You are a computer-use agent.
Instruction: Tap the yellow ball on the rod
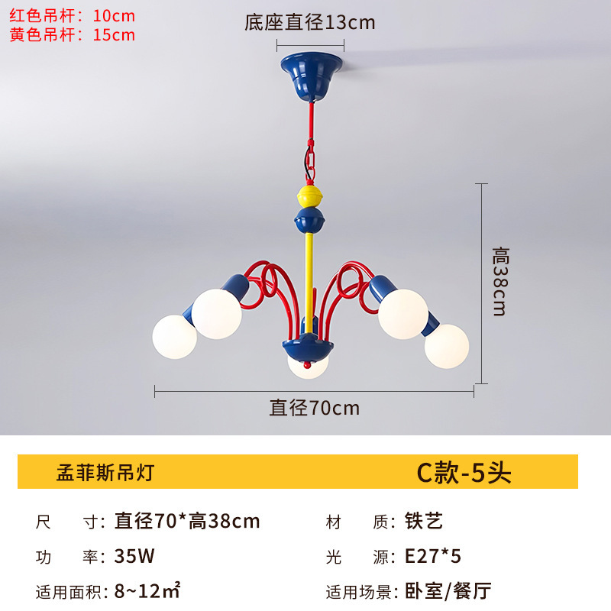[309, 196]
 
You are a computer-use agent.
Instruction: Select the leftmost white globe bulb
[175, 335]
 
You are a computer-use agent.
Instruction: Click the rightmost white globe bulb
[447, 345]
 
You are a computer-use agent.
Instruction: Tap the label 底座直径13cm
[309, 22]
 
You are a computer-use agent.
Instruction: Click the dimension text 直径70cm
[314, 408]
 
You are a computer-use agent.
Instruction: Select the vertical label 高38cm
[500, 281]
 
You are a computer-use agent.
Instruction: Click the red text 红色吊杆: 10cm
[72, 15]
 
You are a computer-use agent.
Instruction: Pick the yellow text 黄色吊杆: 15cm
[72, 34]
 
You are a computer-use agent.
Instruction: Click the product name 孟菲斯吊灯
[105, 472]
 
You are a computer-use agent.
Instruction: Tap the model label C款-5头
[463, 473]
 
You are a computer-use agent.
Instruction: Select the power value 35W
[134, 556]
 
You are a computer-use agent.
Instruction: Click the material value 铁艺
[424, 522]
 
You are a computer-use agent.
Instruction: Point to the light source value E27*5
[433, 556]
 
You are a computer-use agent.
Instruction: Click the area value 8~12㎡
[147, 590]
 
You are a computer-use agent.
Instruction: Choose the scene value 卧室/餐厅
[448, 590]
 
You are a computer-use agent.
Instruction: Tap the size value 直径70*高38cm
[186, 522]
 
